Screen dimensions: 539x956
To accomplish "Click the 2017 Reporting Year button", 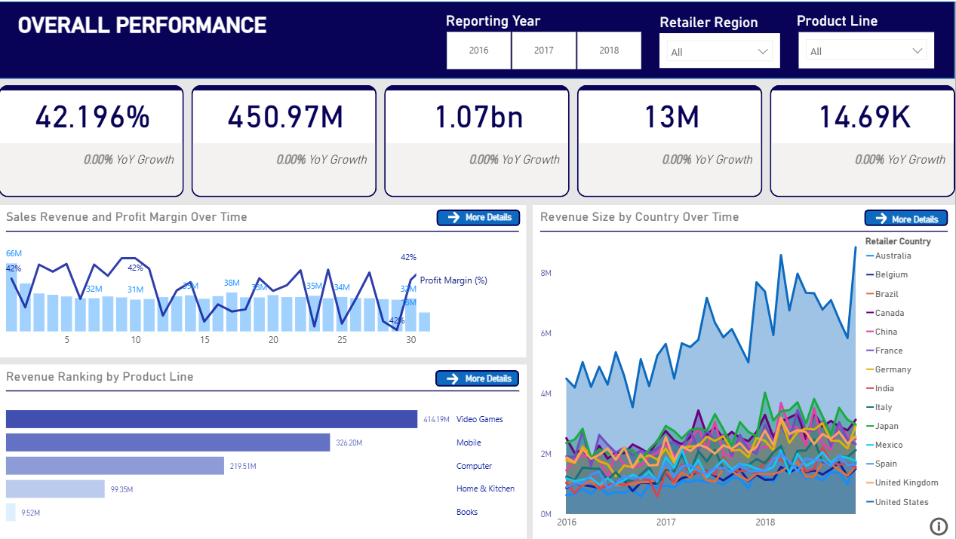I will point(543,51).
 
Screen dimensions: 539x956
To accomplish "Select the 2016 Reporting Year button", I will point(478,51).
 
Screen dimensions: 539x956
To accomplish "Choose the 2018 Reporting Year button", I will point(609,51).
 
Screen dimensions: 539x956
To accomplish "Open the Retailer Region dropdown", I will point(719,52).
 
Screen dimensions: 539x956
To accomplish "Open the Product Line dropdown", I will point(866,51).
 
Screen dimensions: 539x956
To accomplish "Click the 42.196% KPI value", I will point(92,117).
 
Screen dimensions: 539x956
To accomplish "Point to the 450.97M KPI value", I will point(284,117).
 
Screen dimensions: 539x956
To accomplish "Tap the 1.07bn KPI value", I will point(478,117).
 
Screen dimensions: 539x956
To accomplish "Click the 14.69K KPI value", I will point(864,117).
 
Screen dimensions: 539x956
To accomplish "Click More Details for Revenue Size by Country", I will point(905,219).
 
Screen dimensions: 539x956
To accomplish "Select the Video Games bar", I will point(211,419).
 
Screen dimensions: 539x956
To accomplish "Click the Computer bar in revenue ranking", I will point(115,466).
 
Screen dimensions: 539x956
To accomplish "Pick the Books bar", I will point(11,512).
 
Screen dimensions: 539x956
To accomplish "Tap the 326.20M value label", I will point(349,443).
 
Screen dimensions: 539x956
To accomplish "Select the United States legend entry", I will point(901,502).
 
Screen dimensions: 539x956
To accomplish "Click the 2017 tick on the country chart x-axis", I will point(666,522).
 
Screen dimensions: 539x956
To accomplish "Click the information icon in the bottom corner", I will point(939,526).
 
